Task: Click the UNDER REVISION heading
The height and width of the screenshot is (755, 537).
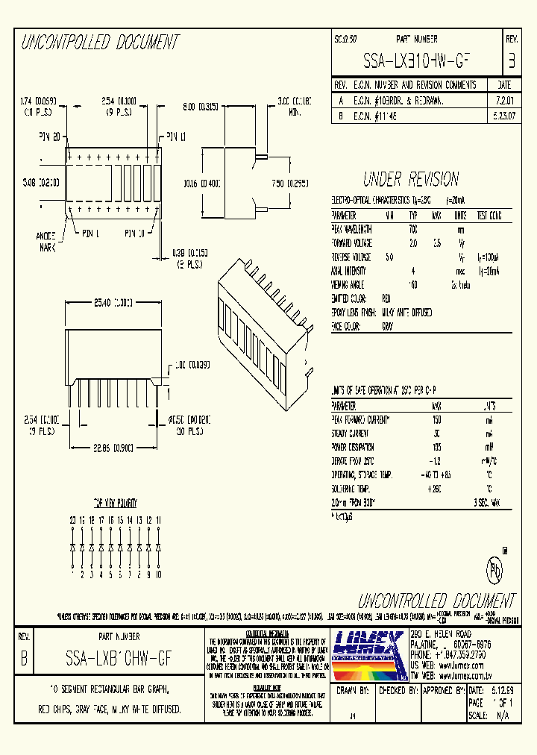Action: click(x=410, y=179)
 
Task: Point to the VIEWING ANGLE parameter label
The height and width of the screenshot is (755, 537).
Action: click(x=350, y=284)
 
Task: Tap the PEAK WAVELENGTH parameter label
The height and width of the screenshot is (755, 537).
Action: click(x=354, y=229)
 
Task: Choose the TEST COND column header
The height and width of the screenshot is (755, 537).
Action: click(x=490, y=216)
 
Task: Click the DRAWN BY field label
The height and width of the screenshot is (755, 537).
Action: click(x=353, y=690)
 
